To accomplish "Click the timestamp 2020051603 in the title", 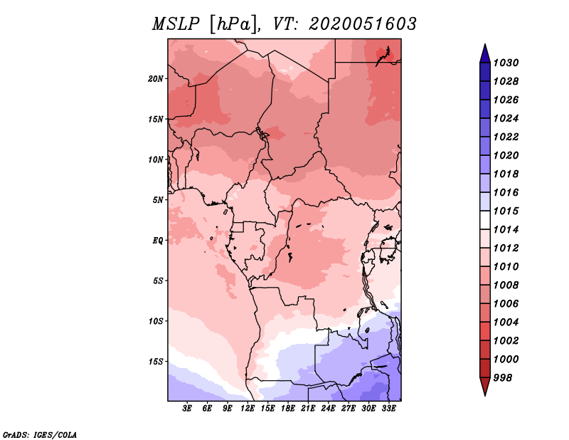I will coord(363,24).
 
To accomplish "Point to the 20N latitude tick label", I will coord(156,78).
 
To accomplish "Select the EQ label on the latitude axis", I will coord(157,240).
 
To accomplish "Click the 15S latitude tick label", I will coord(156,361).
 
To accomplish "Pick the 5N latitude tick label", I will coord(158,200).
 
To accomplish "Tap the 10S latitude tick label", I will coord(156,321).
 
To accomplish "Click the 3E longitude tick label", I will coord(187,409).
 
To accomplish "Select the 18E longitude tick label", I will coord(289,409).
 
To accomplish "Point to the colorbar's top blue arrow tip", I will coord(484,46).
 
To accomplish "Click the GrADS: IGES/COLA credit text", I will coord(39,434).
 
